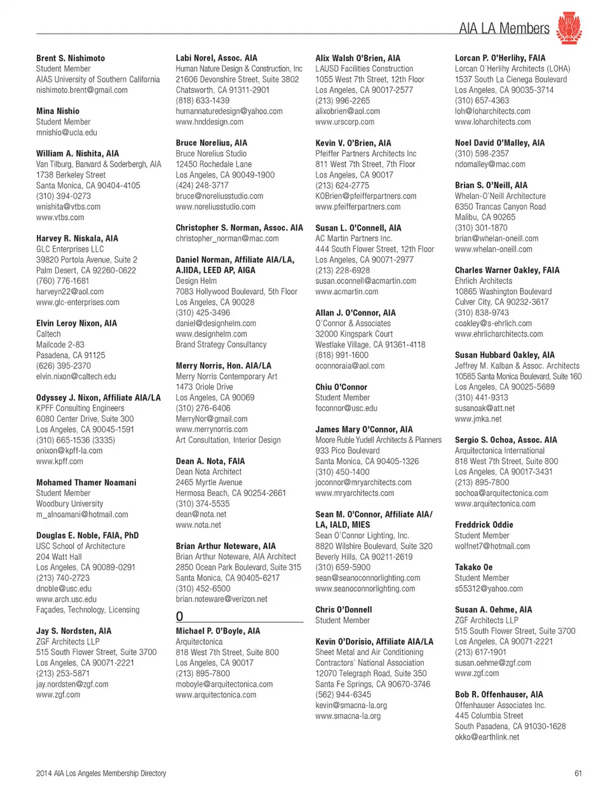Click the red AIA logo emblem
pos(569,29)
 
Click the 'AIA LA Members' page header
pos(504,28)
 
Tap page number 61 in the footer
pos(578,773)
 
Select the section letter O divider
pos(180,616)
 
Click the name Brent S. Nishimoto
pos(71,58)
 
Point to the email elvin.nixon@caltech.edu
pos(76,376)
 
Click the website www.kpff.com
pos(60,461)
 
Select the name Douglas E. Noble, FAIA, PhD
pos(87,536)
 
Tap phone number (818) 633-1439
pos(203,100)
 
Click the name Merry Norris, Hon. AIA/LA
pos(223,366)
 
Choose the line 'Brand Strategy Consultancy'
pos(221,344)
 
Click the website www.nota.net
pos(198,525)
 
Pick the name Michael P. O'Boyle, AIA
pos(218,631)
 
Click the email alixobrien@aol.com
pos(348,111)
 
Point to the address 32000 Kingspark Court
pos(354,334)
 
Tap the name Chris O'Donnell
pos(344,609)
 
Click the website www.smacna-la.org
pos(348,716)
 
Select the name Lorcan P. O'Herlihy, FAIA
pos(500,58)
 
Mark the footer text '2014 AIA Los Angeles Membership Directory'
pos(101,773)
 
